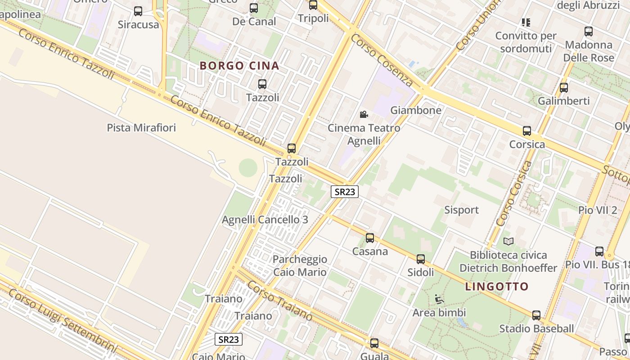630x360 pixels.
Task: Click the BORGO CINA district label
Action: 239,66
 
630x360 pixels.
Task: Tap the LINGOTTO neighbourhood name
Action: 497,287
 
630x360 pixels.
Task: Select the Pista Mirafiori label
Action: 141,128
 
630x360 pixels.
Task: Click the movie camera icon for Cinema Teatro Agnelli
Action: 364,115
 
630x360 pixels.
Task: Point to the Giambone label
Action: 416,110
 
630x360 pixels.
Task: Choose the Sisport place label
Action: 461,210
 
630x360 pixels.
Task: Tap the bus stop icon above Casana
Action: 370,238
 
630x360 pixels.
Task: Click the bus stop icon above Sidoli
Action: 421,259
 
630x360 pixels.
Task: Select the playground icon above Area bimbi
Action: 439,299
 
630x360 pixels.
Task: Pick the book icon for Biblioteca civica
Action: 508,242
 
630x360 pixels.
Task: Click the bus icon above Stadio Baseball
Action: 536,315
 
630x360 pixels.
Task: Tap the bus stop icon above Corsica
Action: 527,131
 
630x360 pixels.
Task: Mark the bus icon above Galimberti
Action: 564,88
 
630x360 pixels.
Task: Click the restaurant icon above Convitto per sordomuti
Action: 526,22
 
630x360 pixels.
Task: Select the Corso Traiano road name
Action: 279,301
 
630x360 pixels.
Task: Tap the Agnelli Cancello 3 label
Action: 265,220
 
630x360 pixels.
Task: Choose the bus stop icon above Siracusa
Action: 138,11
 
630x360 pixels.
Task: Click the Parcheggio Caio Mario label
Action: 300,265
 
